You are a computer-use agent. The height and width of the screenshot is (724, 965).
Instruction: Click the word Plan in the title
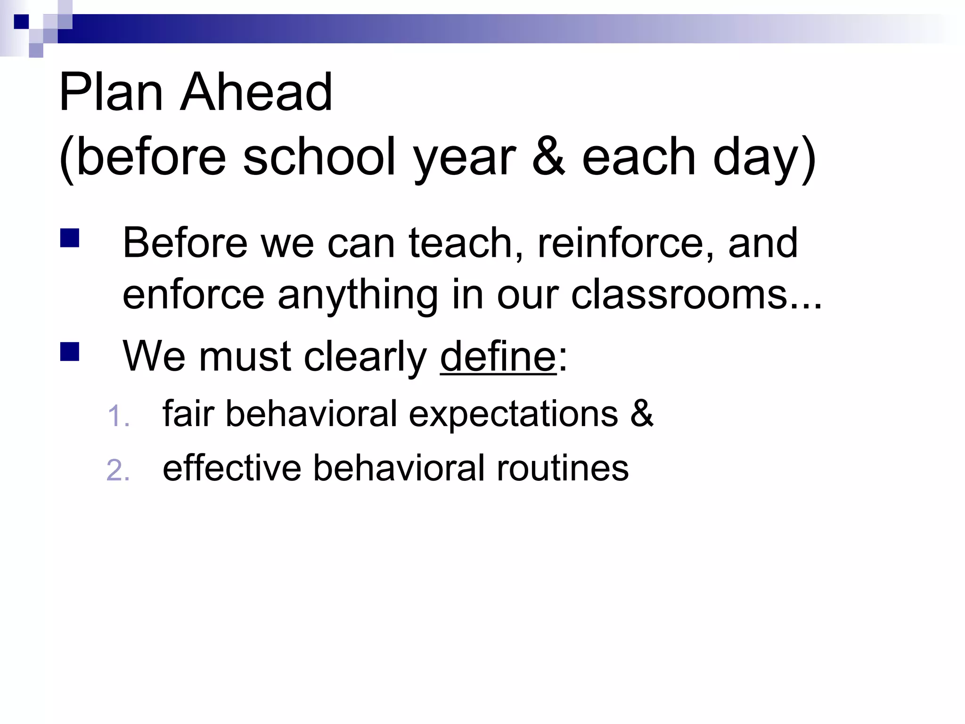(x=111, y=92)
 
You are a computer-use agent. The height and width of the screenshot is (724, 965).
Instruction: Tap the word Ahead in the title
(x=256, y=92)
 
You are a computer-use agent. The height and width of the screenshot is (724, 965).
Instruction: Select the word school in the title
(x=319, y=157)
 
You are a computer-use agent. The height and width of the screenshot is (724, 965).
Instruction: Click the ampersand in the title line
(x=549, y=157)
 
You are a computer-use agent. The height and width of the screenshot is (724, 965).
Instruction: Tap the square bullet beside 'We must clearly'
(x=69, y=352)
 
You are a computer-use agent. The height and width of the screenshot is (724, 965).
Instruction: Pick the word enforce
(x=193, y=295)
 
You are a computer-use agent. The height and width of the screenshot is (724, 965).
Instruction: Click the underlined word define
(x=498, y=357)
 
